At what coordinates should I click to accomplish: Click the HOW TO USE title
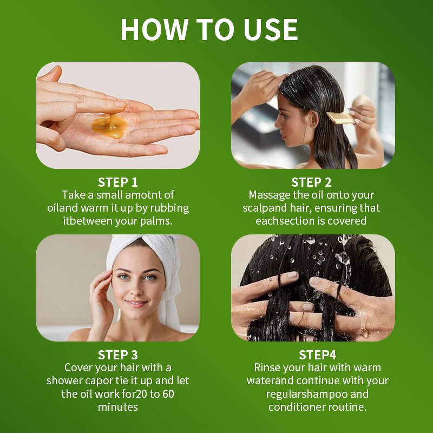209,29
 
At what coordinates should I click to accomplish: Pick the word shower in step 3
65,380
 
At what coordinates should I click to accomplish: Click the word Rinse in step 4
268,368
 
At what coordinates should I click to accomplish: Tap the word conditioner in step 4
299,407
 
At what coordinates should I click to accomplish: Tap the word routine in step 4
347,407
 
